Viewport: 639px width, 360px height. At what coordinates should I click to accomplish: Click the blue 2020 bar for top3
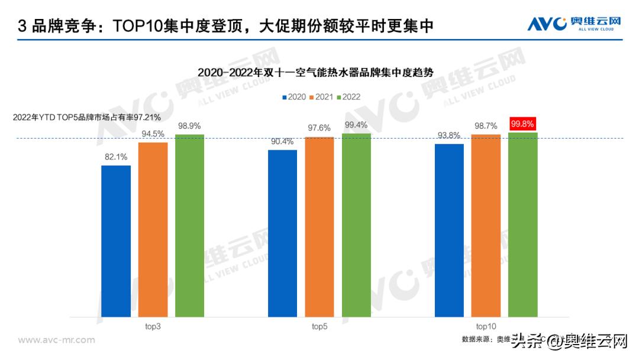[x=116, y=241]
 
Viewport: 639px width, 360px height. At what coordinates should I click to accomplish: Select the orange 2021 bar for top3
[x=153, y=230]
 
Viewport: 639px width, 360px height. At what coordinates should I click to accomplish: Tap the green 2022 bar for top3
[x=189, y=226]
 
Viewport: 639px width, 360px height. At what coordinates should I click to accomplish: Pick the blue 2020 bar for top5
[x=282, y=233]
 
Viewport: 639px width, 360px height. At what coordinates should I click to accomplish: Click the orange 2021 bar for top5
[x=319, y=227]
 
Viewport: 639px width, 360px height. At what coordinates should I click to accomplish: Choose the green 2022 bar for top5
[x=356, y=225]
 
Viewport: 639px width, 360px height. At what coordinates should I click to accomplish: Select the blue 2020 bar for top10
[x=449, y=230]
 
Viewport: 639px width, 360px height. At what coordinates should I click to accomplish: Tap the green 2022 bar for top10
[x=523, y=224]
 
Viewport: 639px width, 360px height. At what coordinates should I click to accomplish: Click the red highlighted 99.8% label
[x=522, y=124]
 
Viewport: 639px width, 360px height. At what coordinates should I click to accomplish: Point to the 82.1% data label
[x=116, y=157]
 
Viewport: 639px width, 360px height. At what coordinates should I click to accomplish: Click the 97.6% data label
[x=319, y=128]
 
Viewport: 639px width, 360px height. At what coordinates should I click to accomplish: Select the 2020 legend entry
[x=293, y=97]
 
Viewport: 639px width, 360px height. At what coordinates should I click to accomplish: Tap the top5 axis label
[x=319, y=326]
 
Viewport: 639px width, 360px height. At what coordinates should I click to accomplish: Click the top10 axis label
[x=486, y=326]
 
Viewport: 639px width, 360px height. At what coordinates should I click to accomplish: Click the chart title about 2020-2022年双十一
[x=316, y=73]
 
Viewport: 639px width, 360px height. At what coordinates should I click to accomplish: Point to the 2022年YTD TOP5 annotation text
[x=87, y=118]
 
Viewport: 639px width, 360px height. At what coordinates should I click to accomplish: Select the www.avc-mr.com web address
[x=57, y=340]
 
